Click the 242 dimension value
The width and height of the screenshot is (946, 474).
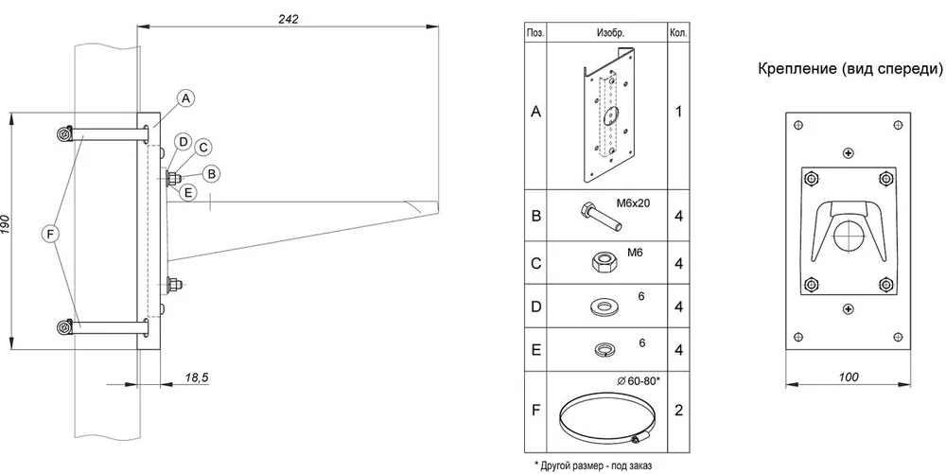[x=288, y=19]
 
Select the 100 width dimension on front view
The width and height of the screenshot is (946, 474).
[x=849, y=377]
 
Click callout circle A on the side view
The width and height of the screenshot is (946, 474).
[x=186, y=98]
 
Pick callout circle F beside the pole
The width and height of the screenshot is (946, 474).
[x=51, y=233]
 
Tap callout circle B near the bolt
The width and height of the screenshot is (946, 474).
[x=211, y=174]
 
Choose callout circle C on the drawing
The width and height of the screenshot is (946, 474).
[x=202, y=148]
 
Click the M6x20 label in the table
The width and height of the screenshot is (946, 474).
[x=633, y=203]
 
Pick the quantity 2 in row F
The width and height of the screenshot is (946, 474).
[x=678, y=411]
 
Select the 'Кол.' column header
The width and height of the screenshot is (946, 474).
[x=678, y=33]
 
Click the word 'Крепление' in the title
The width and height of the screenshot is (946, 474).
[x=794, y=69]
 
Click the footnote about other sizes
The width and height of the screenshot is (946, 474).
[x=593, y=465]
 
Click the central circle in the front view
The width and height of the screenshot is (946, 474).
[x=849, y=234]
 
